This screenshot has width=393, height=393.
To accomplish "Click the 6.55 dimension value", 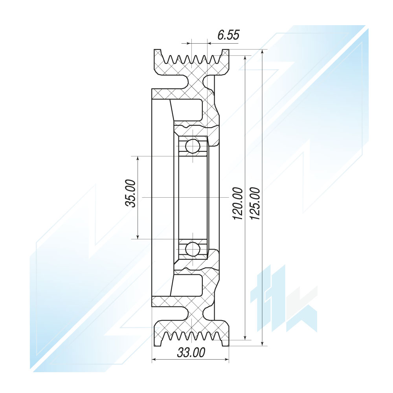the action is (228, 35).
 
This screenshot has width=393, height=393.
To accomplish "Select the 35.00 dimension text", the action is (130, 193).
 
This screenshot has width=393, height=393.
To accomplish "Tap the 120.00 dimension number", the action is (238, 204).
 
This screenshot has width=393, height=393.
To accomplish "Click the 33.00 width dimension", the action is (191, 353).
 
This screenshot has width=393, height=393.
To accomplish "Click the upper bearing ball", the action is (193, 146).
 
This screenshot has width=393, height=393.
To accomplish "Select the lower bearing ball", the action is (193, 249).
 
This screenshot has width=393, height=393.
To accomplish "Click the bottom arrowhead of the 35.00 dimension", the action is (138, 236).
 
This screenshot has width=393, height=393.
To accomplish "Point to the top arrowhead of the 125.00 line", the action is (263, 52).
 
